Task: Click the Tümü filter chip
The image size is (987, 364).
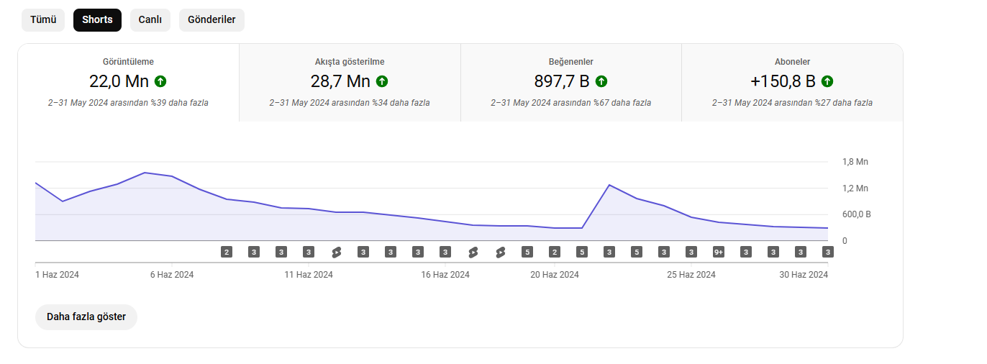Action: pyautogui.click(x=43, y=20)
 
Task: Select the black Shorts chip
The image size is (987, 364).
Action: pyautogui.click(x=97, y=20)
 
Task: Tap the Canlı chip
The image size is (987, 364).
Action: pyautogui.click(x=150, y=20)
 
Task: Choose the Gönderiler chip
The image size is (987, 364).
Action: pyautogui.click(x=211, y=20)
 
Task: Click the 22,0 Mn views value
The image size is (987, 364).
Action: pyautogui.click(x=119, y=81)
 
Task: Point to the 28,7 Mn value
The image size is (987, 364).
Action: pyautogui.click(x=340, y=81)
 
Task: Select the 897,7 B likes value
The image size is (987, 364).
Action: pyautogui.click(x=562, y=81)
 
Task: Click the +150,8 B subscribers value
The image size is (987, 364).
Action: pyautogui.click(x=783, y=81)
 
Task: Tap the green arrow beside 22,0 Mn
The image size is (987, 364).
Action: pyautogui.click(x=160, y=81)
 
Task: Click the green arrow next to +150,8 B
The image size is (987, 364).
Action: pyautogui.click(x=827, y=81)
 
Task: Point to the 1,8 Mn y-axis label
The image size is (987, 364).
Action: pyautogui.click(x=855, y=162)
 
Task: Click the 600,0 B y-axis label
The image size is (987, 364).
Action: pyautogui.click(x=857, y=214)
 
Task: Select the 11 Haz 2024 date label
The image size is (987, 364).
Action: pyautogui.click(x=309, y=275)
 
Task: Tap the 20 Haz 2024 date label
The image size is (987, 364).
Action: pyautogui.click(x=555, y=275)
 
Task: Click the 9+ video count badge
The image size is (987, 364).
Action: pyautogui.click(x=718, y=252)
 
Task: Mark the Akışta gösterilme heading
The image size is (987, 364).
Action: pyautogui.click(x=350, y=62)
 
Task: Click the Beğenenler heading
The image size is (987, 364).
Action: pyautogui.click(x=570, y=62)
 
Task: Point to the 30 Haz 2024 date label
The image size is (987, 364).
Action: pyautogui.click(x=804, y=275)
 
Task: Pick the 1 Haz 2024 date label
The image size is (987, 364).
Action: pyautogui.click(x=58, y=275)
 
